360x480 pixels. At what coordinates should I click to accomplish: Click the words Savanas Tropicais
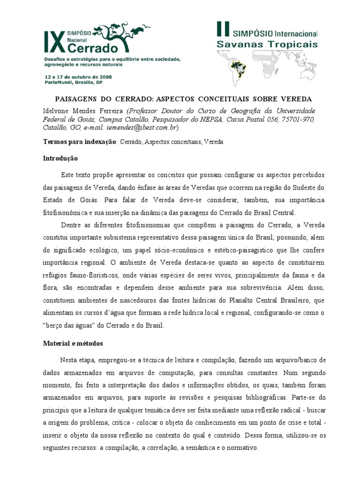[267, 45]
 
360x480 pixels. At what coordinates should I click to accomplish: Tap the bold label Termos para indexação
[80, 142]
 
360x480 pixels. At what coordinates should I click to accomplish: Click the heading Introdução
[60, 158]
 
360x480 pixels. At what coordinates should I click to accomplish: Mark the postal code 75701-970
[296, 120]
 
